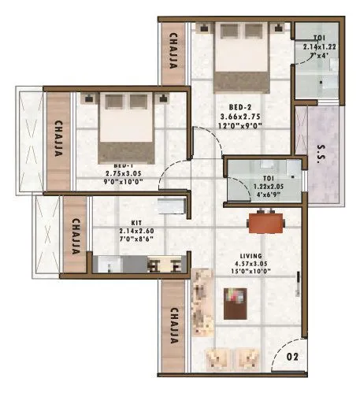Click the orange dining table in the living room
coord(264,223)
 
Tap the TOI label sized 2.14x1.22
coord(317,38)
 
